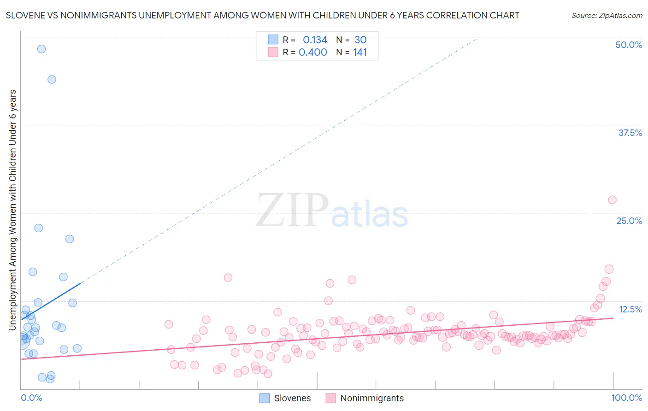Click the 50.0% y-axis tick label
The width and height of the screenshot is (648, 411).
click(x=629, y=45)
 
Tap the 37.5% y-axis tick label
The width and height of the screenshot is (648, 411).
click(x=630, y=133)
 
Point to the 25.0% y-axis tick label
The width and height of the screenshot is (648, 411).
click(x=629, y=221)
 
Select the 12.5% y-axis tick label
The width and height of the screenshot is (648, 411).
click(x=630, y=309)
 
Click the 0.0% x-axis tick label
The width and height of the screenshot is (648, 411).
click(x=31, y=398)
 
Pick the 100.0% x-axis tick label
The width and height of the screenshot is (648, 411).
click(x=626, y=398)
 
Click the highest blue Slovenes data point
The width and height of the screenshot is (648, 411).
click(x=41, y=49)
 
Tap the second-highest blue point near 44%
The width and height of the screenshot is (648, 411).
click(x=52, y=79)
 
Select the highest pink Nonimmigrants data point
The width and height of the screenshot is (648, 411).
click(x=612, y=200)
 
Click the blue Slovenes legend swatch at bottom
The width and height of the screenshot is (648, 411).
click(x=265, y=398)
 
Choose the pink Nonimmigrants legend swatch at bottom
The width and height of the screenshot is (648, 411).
click(x=330, y=398)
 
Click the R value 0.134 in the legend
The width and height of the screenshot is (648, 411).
click(x=315, y=40)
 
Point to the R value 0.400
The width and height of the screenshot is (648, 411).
click(x=313, y=52)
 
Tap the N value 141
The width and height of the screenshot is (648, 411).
click(x=360, y=52)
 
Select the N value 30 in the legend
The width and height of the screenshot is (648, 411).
click(x=360, y=40)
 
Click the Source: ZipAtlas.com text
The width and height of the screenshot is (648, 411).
click(x=607, y=15)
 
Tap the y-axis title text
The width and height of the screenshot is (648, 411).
click(x=12, y=210)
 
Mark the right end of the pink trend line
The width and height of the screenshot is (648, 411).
click(x=613, y=318)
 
